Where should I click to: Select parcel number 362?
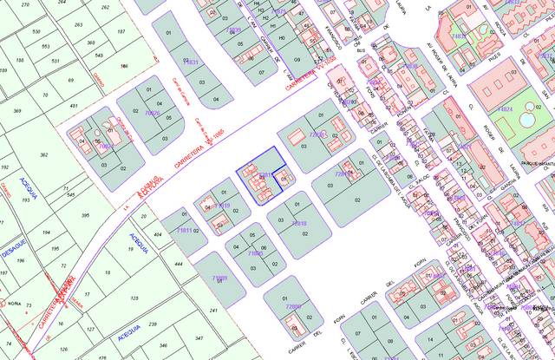(x=43, y=155)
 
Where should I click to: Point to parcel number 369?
(x=17, y=111)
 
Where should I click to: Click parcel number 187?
(x=121, y=31)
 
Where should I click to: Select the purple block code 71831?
(x=192, y=62)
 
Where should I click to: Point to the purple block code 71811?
(x=184, y=231)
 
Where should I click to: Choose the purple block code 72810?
(x=298, y=223)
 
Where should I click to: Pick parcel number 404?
(x=158, y=235)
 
